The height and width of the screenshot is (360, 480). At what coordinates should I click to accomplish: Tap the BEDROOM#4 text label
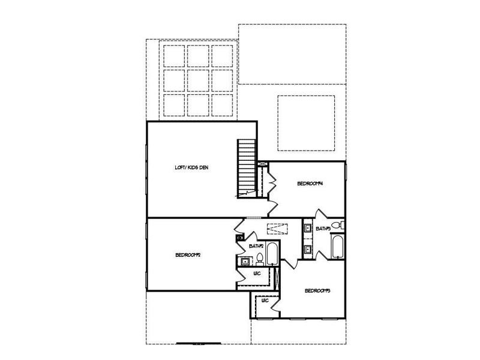click(x=311, y=184)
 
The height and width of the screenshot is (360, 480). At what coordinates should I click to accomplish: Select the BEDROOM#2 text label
click(x=188, y=254)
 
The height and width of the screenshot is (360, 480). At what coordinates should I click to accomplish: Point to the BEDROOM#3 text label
click(x=319, y=291)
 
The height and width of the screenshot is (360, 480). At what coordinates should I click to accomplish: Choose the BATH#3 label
click(x=323, y=228)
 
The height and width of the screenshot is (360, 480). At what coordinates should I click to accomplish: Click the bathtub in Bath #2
click(x=272, y=254)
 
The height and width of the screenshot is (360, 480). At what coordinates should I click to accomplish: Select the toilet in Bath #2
click(x=260, y=259)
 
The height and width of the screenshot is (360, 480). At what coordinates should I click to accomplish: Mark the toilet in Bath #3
click(x=339, y=226)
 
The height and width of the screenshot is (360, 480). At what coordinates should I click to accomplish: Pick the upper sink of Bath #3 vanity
click(x=307, y=228)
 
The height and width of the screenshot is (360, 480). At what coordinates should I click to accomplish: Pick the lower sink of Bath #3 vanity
click(x=307, y=248)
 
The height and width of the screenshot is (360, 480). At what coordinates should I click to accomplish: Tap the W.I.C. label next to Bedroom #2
click(x=256, y=274)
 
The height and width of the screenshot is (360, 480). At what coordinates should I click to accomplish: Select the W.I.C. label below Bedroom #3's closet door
click(x=265, y=301)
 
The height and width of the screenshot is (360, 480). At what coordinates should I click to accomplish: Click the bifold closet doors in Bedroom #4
click(x=271, y=179)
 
